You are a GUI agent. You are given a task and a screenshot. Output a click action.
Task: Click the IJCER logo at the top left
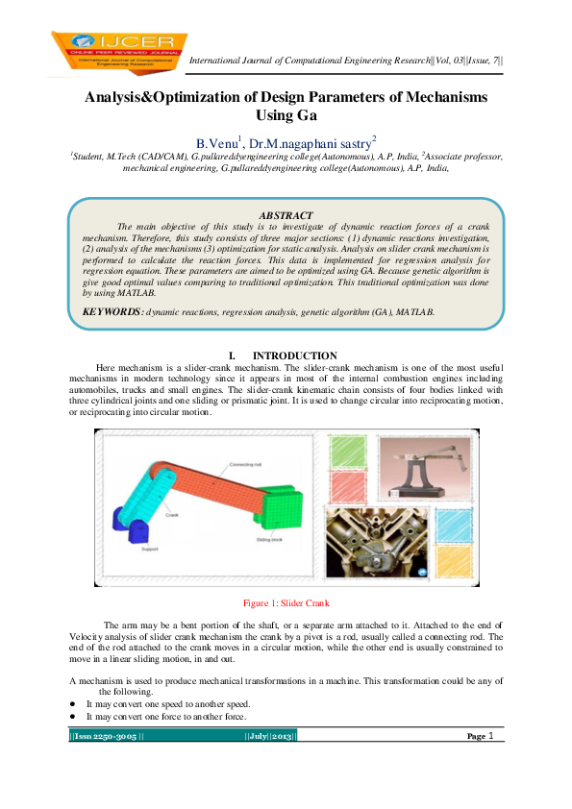tap(119, 49)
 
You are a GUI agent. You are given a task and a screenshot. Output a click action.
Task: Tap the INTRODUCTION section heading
tap(294, 356)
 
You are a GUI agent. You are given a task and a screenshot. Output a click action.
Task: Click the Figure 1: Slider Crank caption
tap(286, 603)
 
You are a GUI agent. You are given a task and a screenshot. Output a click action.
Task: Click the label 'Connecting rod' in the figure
tap(246, 464)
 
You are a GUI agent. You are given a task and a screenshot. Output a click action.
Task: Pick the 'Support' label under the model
tap(150, 551)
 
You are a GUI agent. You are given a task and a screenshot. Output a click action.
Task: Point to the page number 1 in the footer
tap(491, 736)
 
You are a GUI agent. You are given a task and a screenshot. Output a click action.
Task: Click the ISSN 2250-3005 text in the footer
tap(106, 736)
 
